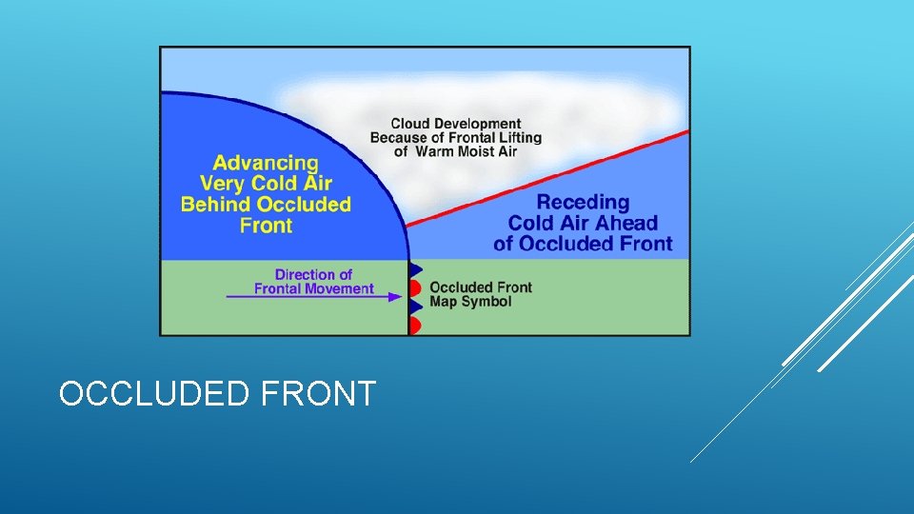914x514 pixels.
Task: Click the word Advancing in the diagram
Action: point(266,163)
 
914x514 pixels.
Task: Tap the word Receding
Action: point(583,202)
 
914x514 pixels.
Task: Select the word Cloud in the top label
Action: point(410,124)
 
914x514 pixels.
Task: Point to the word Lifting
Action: point(517,137)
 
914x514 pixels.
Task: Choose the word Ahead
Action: point(626,223)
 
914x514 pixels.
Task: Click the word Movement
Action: point(340,288)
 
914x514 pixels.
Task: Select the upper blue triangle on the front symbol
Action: point(415,269)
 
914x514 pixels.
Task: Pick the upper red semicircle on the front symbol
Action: point(414,287)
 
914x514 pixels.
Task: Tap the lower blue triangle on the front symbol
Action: point(415,306)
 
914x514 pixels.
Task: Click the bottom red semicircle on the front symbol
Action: point(414,326)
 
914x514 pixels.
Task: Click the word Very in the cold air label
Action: point(217,184)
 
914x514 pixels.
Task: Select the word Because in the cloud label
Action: point(398,137)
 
